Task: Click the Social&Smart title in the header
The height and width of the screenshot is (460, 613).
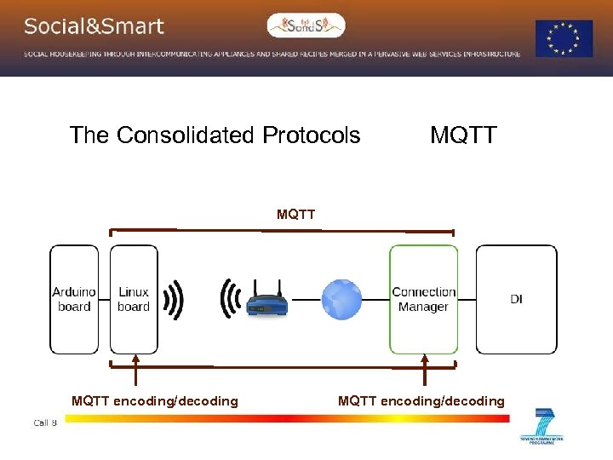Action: point(94,26)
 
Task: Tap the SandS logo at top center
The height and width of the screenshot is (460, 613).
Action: point(306,26)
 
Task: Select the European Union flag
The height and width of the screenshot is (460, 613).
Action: point(564,38)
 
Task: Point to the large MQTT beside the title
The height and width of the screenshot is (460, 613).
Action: point(463,135)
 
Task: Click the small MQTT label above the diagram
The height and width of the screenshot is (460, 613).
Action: point(295,215)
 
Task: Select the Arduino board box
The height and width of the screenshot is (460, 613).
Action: point(74,299)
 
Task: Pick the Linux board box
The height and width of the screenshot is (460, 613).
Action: point(134,299)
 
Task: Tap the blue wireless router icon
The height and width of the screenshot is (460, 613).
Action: point(266,302)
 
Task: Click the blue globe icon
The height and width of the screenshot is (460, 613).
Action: point(341,300)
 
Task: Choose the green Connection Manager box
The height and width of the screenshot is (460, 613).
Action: point(423,299)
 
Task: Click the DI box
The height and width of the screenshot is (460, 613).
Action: point(516,299)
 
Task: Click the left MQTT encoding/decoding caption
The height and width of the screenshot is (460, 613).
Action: point(155,401)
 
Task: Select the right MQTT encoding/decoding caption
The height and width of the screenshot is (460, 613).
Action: point(421,401)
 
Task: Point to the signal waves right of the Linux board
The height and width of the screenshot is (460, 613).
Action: point(174,300)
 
